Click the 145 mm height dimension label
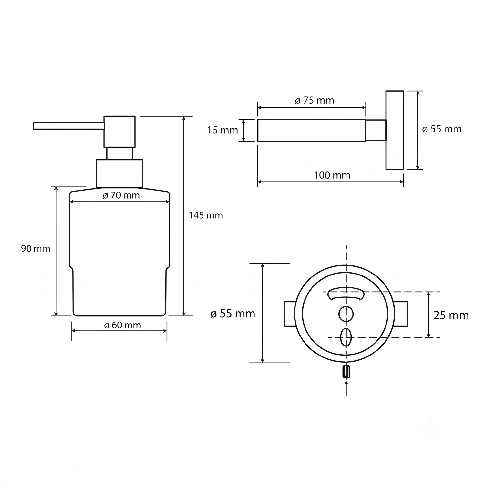[x=206, y=215]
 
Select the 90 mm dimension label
[x=36, y=249]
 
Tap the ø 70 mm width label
[x=121, y=195]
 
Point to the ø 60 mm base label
[x=122, y=325]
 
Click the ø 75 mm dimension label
[x=315, y=101]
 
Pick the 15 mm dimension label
[x=223, y=130]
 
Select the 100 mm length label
[x=332, y=175]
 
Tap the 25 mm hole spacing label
[x=451, y=315]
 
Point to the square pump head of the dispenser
[x=120, y=132]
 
